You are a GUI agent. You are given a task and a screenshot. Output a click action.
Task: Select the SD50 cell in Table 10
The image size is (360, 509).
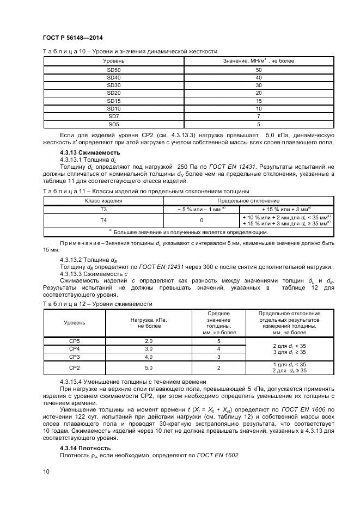(114, 70)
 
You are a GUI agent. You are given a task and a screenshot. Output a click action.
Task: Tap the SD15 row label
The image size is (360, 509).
(114, 101)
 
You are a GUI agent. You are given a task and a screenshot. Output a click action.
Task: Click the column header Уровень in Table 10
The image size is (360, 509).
(114, 60)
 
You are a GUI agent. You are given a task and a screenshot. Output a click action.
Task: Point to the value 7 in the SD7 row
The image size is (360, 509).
(259, 116)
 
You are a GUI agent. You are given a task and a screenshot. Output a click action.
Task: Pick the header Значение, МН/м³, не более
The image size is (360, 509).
(259, 60)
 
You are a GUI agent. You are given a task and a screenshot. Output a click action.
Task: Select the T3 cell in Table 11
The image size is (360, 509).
(103, 208)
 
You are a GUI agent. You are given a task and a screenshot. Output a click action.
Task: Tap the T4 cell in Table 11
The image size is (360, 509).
(103, 220)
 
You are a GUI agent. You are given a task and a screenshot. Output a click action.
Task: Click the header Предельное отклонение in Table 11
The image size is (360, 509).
(248, 200)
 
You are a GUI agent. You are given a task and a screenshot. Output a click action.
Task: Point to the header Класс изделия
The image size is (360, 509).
(103, 200)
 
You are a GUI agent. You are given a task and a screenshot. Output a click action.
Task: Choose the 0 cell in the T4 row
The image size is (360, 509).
(202, 220)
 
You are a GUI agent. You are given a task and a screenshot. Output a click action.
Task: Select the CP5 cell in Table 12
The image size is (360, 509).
(74, 340)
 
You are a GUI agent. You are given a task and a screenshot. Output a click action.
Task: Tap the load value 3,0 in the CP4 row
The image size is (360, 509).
(148, 348)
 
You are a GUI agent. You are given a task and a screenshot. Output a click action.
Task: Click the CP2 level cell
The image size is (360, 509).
(74, 367)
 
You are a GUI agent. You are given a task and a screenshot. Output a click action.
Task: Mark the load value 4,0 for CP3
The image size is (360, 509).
(148, 357)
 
